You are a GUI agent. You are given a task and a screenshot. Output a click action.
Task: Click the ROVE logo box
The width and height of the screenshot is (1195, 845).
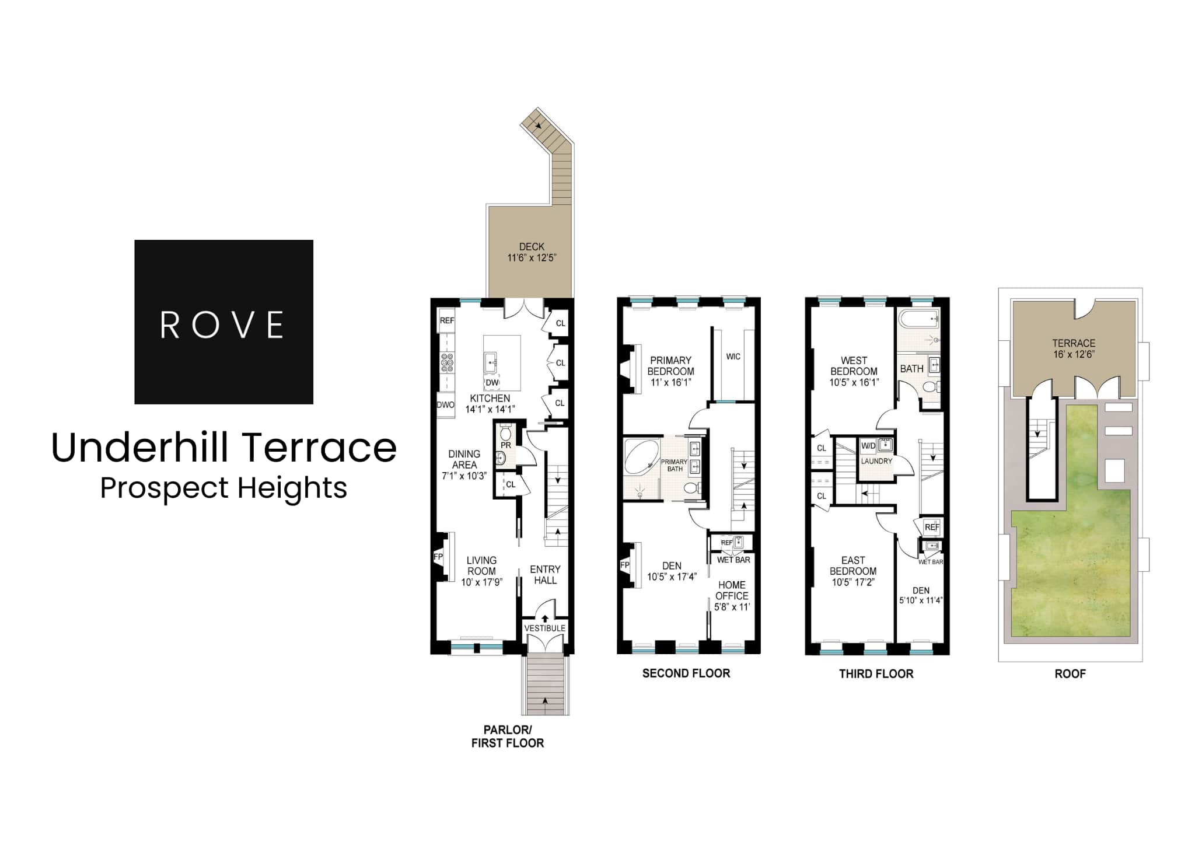coord(223,322)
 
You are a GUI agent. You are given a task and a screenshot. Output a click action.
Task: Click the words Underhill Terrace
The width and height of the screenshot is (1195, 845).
coord(224,448)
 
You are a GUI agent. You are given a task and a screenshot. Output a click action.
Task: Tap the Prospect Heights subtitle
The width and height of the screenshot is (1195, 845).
coord(223,488)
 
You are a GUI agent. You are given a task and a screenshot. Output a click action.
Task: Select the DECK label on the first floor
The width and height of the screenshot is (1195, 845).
coord(532,247)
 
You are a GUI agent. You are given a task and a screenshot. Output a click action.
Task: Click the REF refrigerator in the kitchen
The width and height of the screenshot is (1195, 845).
coord(447,320)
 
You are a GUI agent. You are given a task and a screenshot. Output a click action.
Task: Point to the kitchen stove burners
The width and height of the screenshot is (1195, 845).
coord(447,362)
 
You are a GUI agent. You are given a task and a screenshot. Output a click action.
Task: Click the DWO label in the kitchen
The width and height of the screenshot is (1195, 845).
coord(445,404)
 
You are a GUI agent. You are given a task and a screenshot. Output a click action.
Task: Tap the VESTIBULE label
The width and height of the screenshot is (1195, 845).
coord(545,628)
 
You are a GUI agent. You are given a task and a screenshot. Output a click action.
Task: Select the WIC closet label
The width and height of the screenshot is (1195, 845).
coord(733,357)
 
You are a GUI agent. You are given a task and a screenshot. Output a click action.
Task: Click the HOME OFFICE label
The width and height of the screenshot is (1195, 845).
coord(732,590)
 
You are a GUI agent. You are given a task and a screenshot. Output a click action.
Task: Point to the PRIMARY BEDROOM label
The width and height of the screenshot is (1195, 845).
coord(671,366)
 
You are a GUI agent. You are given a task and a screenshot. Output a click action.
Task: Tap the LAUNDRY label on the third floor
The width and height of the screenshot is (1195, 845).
coord(876,461)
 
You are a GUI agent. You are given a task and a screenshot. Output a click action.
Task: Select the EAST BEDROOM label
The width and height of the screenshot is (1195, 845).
coord(853,565)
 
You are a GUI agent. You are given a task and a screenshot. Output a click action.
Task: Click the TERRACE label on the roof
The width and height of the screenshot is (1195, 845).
coord(1074,343)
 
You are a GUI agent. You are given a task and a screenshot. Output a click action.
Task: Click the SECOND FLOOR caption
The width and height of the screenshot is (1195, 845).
coord(686,673)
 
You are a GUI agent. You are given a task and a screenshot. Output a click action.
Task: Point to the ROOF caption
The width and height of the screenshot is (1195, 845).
coord(1070,673)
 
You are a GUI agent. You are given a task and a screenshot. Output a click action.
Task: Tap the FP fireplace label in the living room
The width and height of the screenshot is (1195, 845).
coord(438,557)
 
